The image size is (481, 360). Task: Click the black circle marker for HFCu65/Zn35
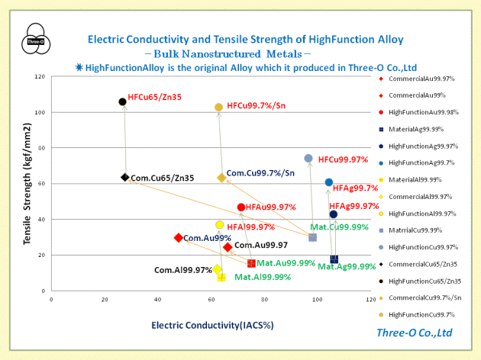122,101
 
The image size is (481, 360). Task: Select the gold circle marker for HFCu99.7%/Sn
218,108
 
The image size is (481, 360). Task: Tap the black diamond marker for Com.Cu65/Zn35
124,177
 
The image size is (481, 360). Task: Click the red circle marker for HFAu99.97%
241,207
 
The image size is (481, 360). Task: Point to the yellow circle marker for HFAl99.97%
219,225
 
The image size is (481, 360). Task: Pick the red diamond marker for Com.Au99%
179,238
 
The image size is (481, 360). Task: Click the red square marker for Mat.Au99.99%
251,263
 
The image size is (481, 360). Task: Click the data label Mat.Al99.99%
261,277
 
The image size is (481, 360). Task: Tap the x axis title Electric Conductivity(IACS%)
212,325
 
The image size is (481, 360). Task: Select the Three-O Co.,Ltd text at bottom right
414,333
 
